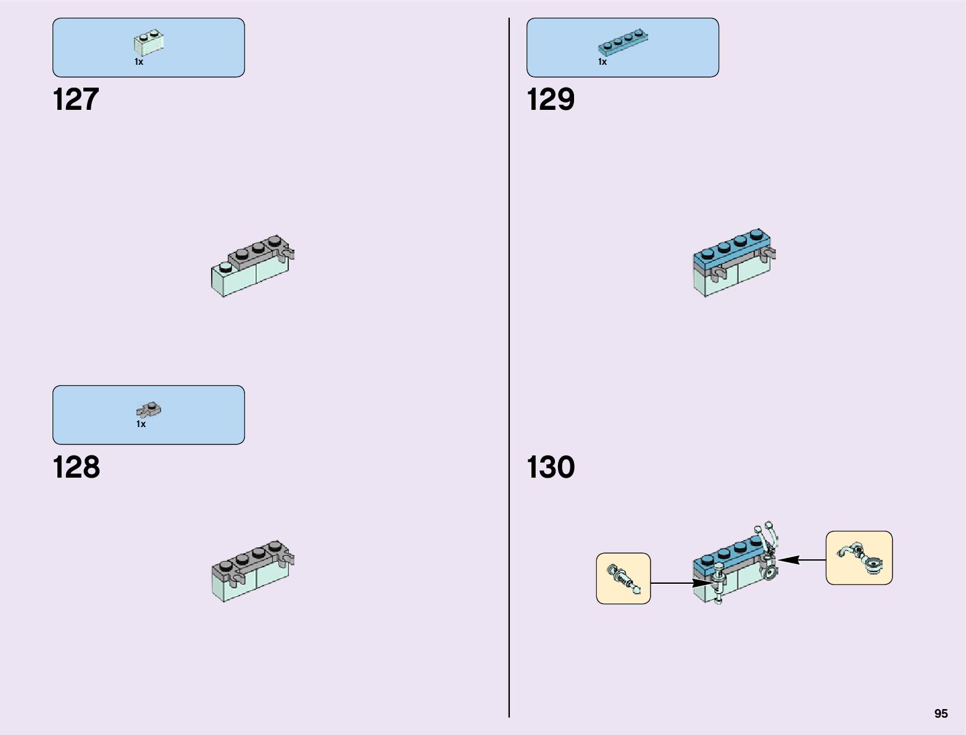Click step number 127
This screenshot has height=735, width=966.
pos(76,99)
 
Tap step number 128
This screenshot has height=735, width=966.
pos(76,467)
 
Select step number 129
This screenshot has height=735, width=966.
pos(550,99)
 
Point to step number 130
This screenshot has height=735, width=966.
pos(550,467)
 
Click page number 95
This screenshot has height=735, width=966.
pos(941,713)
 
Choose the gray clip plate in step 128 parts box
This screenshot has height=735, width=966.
pos(149,410)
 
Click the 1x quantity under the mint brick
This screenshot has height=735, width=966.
pos(139,62)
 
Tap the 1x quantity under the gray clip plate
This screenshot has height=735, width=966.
pos(141,424)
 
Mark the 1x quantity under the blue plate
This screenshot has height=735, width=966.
pos(602,62)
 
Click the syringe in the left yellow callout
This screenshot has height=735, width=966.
pos(623,579)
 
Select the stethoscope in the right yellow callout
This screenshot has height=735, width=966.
pos(859,557)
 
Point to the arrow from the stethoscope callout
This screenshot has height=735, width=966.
pos(802,560)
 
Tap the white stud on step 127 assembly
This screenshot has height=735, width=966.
pos(225,267)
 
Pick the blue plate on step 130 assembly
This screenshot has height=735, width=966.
pos(725,555)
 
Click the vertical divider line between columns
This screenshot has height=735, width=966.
pos(509,370)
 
